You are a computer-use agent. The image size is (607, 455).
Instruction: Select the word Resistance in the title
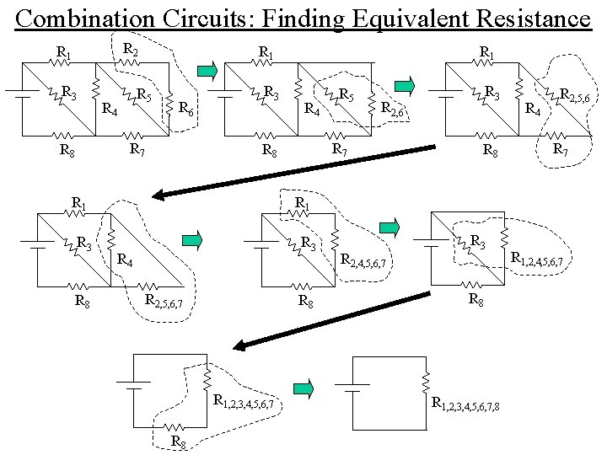point(531,18)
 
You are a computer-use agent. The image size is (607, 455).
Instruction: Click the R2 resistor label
point(131,51)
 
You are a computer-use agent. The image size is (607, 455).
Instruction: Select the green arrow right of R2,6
point(406,83)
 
